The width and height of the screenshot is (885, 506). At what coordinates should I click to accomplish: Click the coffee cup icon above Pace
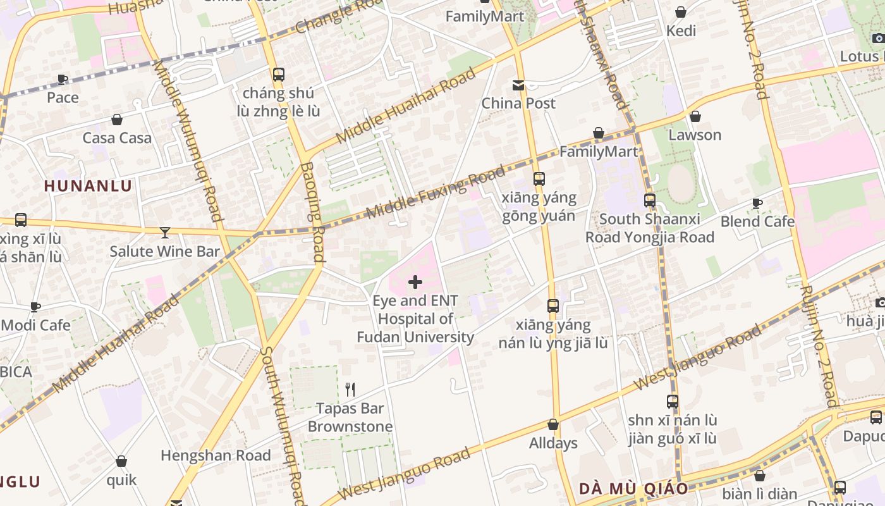(63, 79)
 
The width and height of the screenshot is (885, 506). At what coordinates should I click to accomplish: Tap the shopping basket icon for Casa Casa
(117, 120)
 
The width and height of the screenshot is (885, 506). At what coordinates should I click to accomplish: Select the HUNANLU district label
(88, 186)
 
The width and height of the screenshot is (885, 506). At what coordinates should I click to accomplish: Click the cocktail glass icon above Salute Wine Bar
(165, 233)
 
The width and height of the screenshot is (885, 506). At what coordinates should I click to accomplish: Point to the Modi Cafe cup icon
(35, 307)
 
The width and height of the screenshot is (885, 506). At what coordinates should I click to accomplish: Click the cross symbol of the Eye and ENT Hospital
(415, 282)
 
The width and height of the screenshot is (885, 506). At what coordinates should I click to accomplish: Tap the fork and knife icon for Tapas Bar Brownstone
(350, 389)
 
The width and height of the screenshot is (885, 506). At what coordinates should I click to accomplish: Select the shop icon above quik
(121, 462)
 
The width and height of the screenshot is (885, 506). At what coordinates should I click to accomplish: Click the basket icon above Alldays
(553, 424)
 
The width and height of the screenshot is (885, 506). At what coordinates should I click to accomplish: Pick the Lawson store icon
(695, 116)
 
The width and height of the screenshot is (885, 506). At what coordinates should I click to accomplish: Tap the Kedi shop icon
(681, 12)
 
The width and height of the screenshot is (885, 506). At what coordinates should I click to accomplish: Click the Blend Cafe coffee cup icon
(757, 203)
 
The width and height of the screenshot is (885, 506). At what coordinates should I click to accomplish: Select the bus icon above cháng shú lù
(279, 75)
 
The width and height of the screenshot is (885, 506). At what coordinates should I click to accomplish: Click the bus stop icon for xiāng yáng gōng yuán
(539, 179)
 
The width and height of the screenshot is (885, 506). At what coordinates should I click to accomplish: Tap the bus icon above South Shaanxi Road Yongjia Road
(649, 201)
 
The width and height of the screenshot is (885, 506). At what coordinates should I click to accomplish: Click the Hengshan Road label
(216, 455)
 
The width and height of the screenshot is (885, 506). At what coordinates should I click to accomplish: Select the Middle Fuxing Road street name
(436, 192)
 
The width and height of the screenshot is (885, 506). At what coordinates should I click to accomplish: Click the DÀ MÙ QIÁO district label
(633, 489)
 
